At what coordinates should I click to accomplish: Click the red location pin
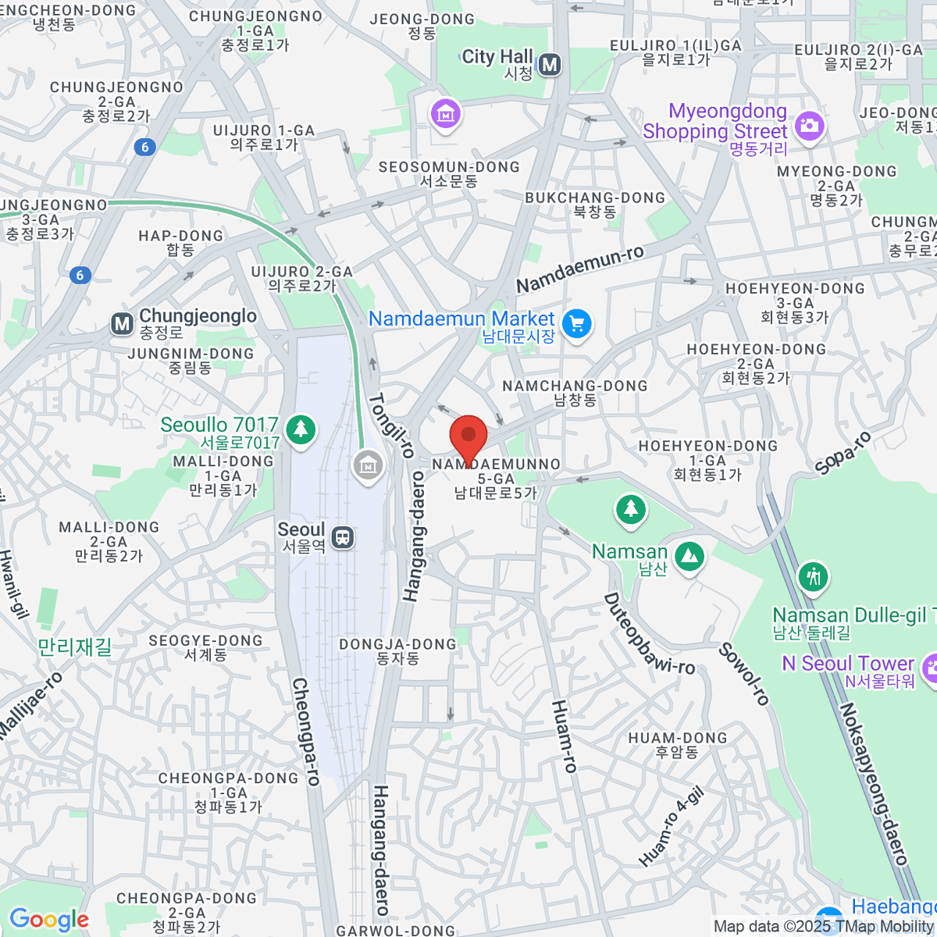(x=468, y=437)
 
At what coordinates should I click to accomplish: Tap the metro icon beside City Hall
(x=550, y=65)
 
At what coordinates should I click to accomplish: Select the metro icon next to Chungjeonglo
(x=122, y=323)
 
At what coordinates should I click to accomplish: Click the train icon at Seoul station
(x=342, y=537)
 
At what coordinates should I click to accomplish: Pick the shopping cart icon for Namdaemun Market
(x=577, y=323)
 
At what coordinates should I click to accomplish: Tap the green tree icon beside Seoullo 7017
(x=301, y=429)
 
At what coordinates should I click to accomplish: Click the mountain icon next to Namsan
(x=689, y=556)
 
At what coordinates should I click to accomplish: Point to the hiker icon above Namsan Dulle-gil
(x=813, y=576)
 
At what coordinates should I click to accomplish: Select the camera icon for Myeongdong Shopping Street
(x=809, y=125)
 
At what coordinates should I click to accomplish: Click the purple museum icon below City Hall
(x=446, y=115)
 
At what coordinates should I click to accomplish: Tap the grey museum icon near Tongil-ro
(x=367, y=466)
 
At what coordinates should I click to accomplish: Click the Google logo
(x=48, y=920)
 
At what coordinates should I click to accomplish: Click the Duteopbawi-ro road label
(x=649, y=633)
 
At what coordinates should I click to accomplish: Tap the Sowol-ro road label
(x=744, y=674)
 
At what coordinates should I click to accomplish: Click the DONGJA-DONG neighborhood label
(x=397, y=650)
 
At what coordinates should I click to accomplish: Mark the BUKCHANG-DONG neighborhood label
(x=595, y=205)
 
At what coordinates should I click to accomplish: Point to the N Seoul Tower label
(x=848, y=671)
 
